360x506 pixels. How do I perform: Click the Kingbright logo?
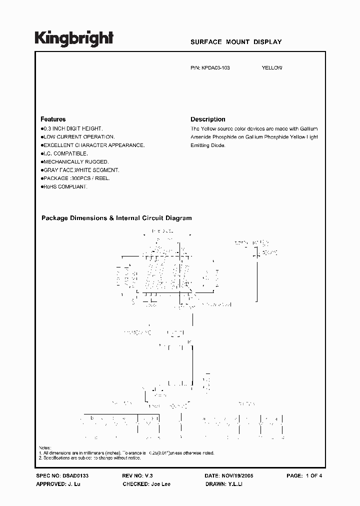click(x=73, y=39)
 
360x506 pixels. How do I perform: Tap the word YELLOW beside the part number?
click(x=272, y=68)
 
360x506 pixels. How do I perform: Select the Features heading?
click(x=53, y=119)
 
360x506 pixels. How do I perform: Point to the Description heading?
click(x=208, y=119)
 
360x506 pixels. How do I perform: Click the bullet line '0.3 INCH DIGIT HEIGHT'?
click(x=72, y=128)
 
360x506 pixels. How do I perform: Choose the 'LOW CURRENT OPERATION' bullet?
click(x=78, y=136)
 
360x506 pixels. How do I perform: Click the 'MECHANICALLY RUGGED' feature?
click(x=75, y=162)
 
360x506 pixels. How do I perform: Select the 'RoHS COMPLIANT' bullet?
click(x=65, y=186)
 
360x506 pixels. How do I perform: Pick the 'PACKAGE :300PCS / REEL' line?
click(x=76, y=178)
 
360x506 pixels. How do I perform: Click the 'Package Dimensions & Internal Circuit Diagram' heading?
click(x=116, y=218)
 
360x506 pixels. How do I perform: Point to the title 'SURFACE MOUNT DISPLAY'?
click(x=236, y=42)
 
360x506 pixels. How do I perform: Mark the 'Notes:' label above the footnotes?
click(x=44, y=448)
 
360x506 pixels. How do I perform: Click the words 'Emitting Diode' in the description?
click(x=208, y=145)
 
